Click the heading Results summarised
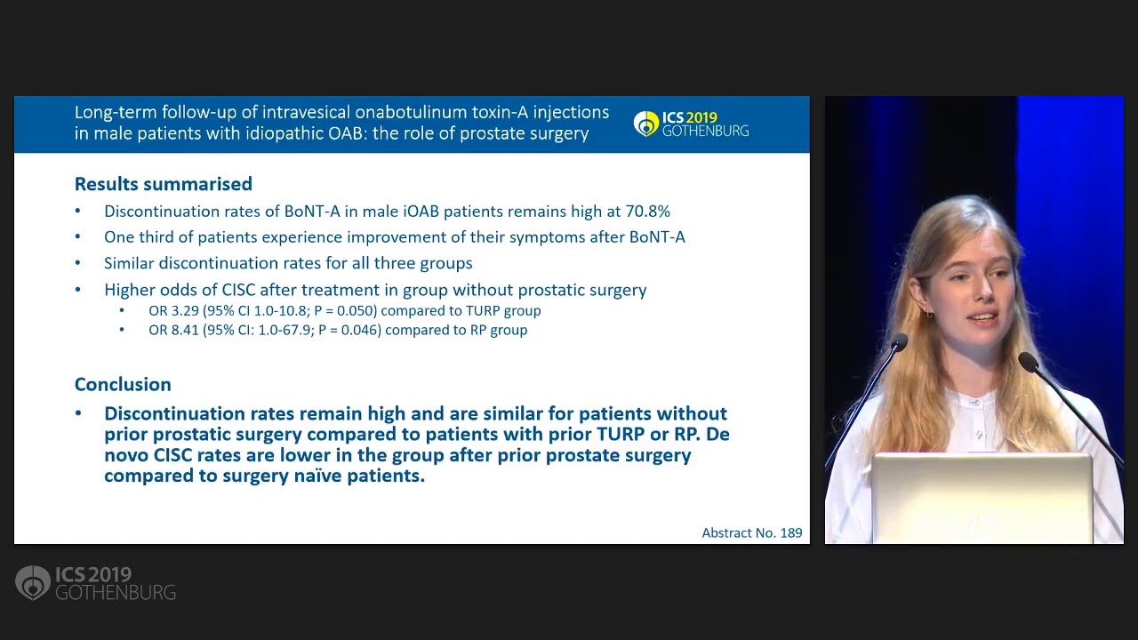point(163,184)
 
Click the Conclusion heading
point(123,384)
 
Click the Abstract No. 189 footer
point(751,532)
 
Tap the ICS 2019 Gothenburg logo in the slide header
point(691,124)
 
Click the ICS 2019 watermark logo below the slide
point(95,583)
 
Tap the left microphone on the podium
point(898,344)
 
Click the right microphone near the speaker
point(1028,362)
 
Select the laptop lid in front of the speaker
point(981,498)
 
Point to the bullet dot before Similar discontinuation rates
point(78,264)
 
